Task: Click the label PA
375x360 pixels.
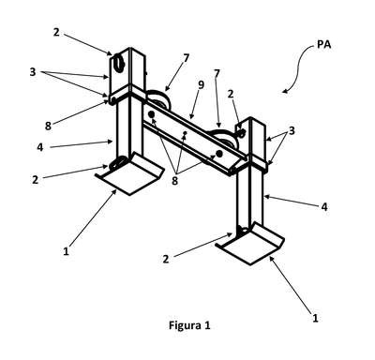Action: tap(324, 44)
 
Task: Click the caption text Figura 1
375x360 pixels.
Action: tap(189, 325)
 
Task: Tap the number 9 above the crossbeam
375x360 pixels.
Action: tap(201, 84)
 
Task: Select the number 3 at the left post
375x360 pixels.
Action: tap(33, 72)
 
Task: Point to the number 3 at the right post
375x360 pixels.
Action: tap(292, 130)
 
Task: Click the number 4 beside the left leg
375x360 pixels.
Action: tap(40, 147)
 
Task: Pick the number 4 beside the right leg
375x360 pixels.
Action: tap(324, 206)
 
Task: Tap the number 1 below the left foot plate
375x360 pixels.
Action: tap(66, 251)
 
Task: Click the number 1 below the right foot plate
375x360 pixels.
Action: tap(315, 318)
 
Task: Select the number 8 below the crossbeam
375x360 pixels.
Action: tap(174, 181)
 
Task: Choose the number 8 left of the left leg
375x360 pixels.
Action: tap(48, 126)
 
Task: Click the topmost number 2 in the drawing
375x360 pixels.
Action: tap(56, 32)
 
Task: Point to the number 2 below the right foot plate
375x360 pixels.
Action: tap(166, 259)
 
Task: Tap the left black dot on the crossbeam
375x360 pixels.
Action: tap(152, 114)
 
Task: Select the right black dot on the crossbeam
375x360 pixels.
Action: tap(219, 153)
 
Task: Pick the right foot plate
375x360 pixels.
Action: tap(250, 244)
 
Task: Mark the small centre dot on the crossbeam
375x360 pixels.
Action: tap(185, 133)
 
